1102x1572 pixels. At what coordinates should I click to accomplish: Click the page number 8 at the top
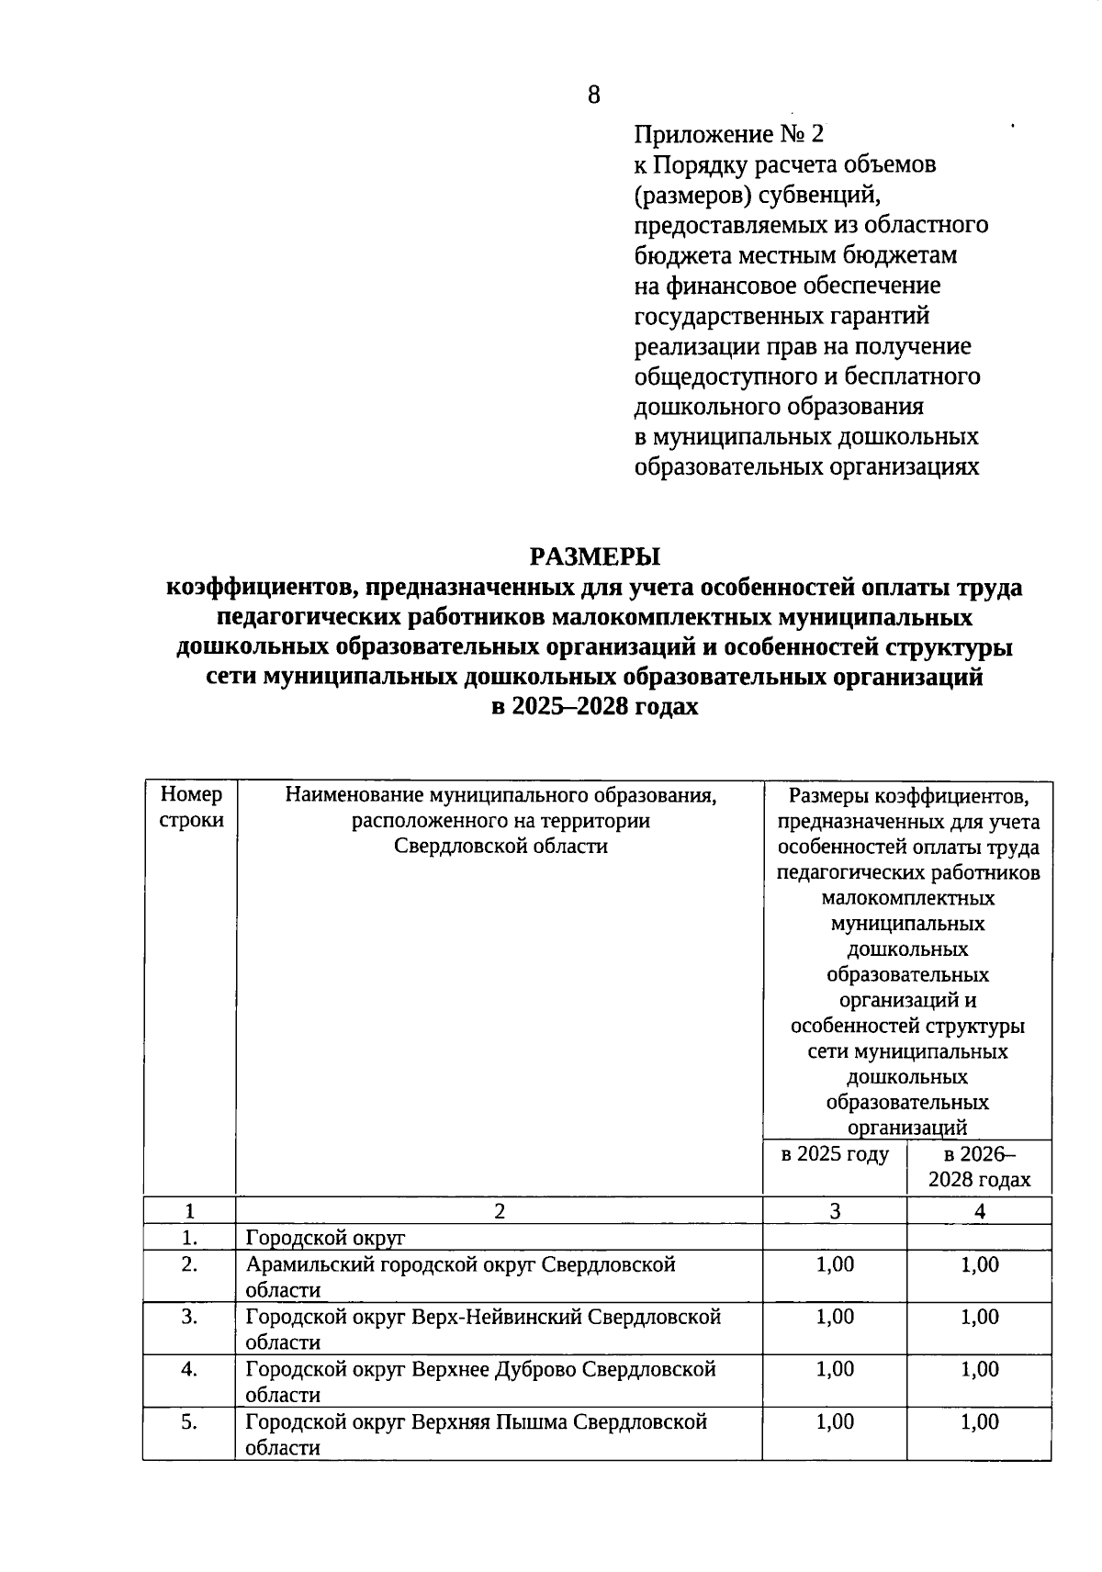point(593,95)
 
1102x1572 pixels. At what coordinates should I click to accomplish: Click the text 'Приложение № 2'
point(728,135)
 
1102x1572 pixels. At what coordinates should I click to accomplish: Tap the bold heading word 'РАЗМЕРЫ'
point(594,557)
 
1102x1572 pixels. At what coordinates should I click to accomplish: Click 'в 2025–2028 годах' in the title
point(594,707)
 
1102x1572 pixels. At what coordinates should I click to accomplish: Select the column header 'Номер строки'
point(191,807)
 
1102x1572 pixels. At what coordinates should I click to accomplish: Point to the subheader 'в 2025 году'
point(834,1154)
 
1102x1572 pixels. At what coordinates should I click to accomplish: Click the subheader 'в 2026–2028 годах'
point(979,1167)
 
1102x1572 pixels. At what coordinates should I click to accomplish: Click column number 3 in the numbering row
point(834,1211)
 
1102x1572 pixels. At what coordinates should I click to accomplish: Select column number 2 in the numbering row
point(499,1211)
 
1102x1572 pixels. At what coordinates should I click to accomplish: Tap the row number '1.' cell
point(189,1238)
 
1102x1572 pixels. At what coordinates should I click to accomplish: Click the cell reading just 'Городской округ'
point(325,1238)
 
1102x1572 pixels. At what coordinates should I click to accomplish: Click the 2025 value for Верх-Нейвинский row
point(834,1317)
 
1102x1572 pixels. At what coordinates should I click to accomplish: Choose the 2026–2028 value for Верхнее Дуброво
point(979,1369)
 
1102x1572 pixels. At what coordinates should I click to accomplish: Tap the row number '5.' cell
point(189,1421)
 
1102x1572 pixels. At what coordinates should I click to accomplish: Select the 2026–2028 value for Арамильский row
point(979,1264)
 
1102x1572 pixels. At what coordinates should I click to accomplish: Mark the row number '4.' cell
point(189,1369)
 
